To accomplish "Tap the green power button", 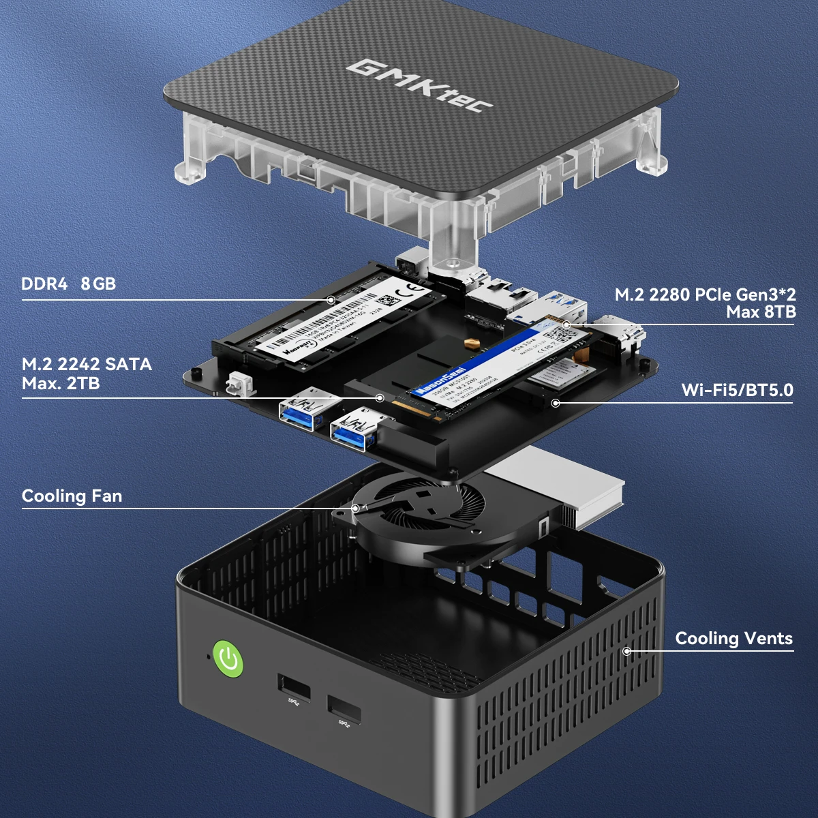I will point(228,658).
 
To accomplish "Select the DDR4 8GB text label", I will point(68,284).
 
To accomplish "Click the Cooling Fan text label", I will point(72,496).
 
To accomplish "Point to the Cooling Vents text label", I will point(733,638).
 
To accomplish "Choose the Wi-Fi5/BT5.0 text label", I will point(737,390).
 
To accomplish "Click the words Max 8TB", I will point(761,312).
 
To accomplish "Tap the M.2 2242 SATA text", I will point(87,364).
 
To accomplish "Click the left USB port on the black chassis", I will point(294,687).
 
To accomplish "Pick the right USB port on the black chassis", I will point(344,710).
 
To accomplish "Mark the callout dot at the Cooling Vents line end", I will point(626,651).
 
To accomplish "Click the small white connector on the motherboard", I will point(237,383).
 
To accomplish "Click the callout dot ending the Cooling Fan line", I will point(355,508).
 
